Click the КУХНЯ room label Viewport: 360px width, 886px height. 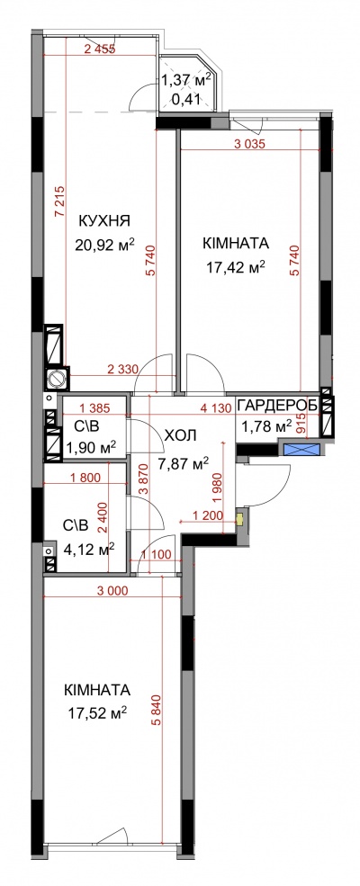[104, 219]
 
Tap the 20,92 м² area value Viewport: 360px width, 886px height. [104, 244]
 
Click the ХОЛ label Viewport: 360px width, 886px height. [180, 435]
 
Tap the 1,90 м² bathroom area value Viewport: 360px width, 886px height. [91, 447]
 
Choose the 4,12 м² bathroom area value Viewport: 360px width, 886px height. [90, 548]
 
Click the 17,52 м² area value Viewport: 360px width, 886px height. [95, 713]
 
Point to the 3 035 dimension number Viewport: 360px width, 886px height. [249, 143]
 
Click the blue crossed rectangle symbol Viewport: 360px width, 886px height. [301, 451]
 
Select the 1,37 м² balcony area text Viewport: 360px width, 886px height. [186, 79]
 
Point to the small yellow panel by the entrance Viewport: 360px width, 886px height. [239, 517]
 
